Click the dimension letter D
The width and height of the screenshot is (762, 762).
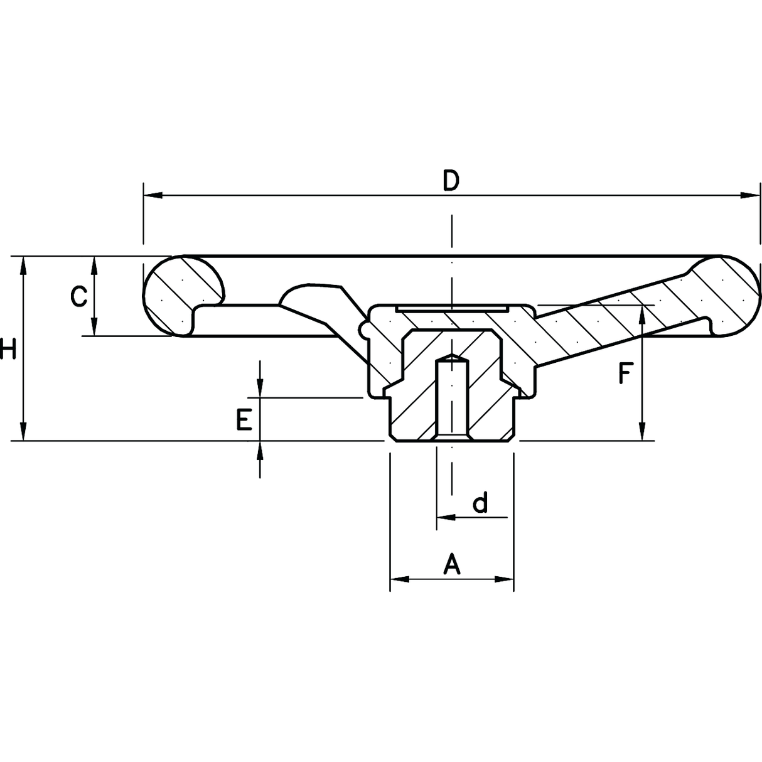pyautogui.click(x=451, y=181)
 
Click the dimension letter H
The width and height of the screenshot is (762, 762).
pyautogui.click(x=7, y=349)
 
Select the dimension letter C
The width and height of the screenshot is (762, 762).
pyautogui.click(x=78, y=296)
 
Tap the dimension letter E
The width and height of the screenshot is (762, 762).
pyautogui.click(x=244, y=419)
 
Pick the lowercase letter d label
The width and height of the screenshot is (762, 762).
pyautogui.click(x=480, y=503)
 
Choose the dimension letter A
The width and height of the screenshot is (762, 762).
pyautogui.click(x=452, y=564)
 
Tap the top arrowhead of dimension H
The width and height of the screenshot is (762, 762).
pyautogui.click(x=23, y=264)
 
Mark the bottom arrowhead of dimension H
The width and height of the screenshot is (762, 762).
pyautogui.click(x=23, y=432)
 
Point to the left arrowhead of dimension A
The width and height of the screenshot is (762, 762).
pyautogui.click(x=399, y=579)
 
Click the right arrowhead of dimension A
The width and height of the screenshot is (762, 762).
pyautogui.click(x=505, y=579)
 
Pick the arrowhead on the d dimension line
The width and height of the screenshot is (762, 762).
pyautogui.click(x=445, y=518)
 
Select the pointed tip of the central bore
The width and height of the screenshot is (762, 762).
pyautogui.click(x=451, y=357)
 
